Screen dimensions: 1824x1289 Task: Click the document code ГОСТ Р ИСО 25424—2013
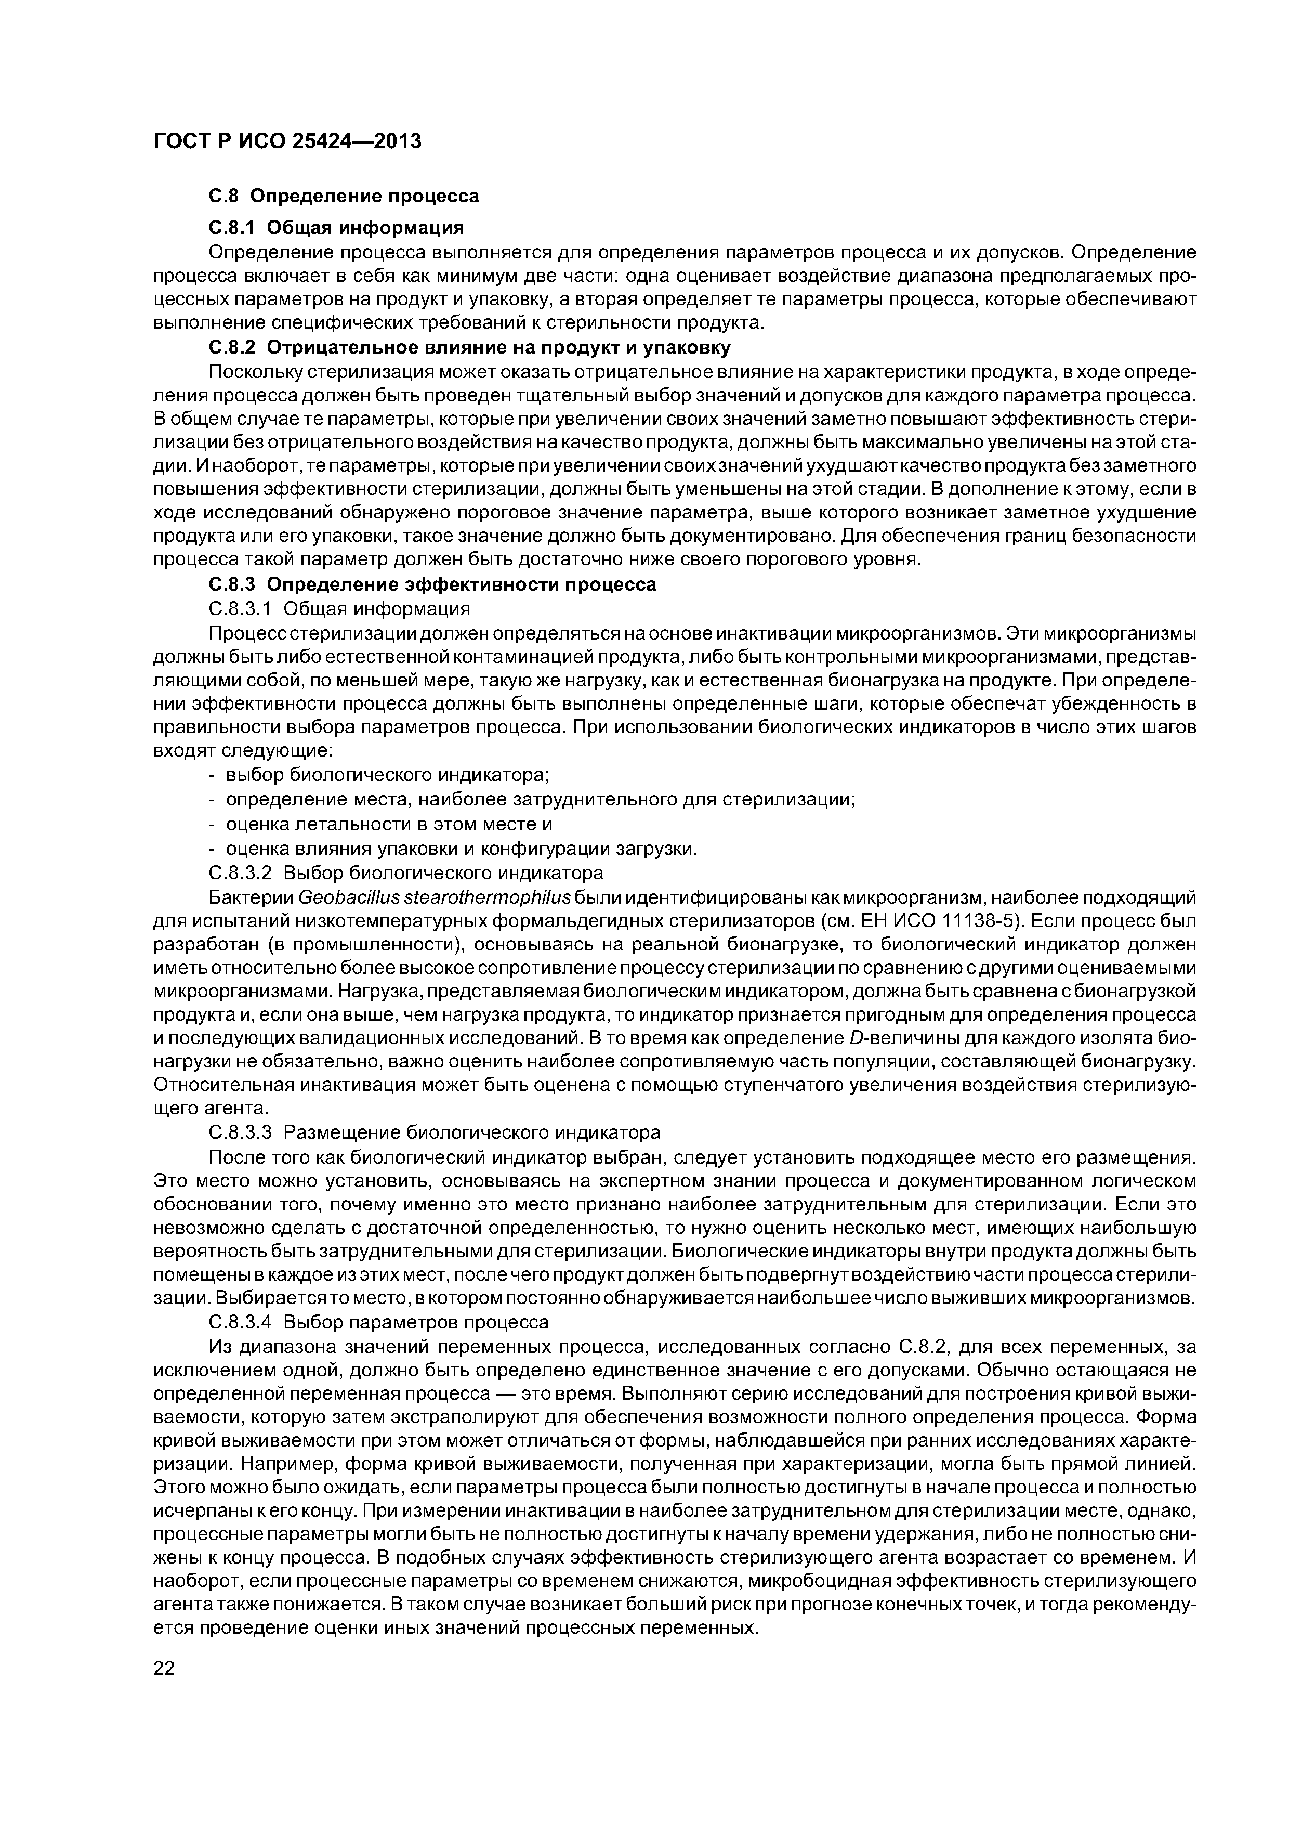(287, 141)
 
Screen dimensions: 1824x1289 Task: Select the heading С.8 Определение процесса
(344, 196)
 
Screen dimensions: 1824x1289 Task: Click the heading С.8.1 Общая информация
(336, 228)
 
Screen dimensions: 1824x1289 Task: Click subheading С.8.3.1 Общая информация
(339, 608)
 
